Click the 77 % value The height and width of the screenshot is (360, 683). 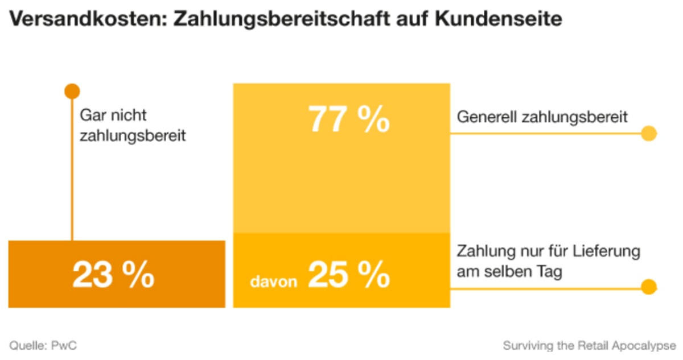349,120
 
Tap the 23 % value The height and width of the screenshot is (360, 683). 113,275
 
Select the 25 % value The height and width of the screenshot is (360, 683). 349,275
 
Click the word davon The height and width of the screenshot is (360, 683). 274,280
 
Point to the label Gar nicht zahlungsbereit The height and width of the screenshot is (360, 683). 133,126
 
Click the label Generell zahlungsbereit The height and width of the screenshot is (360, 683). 542,117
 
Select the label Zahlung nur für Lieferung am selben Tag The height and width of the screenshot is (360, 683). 549,262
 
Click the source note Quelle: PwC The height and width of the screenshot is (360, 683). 43,345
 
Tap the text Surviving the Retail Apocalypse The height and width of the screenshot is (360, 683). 589,345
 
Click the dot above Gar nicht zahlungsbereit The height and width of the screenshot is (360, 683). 72,91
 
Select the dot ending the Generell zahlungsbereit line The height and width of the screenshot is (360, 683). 648,134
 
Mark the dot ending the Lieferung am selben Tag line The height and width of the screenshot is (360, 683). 648,287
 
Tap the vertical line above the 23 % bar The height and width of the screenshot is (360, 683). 72,171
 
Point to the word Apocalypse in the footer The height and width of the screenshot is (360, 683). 647,345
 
